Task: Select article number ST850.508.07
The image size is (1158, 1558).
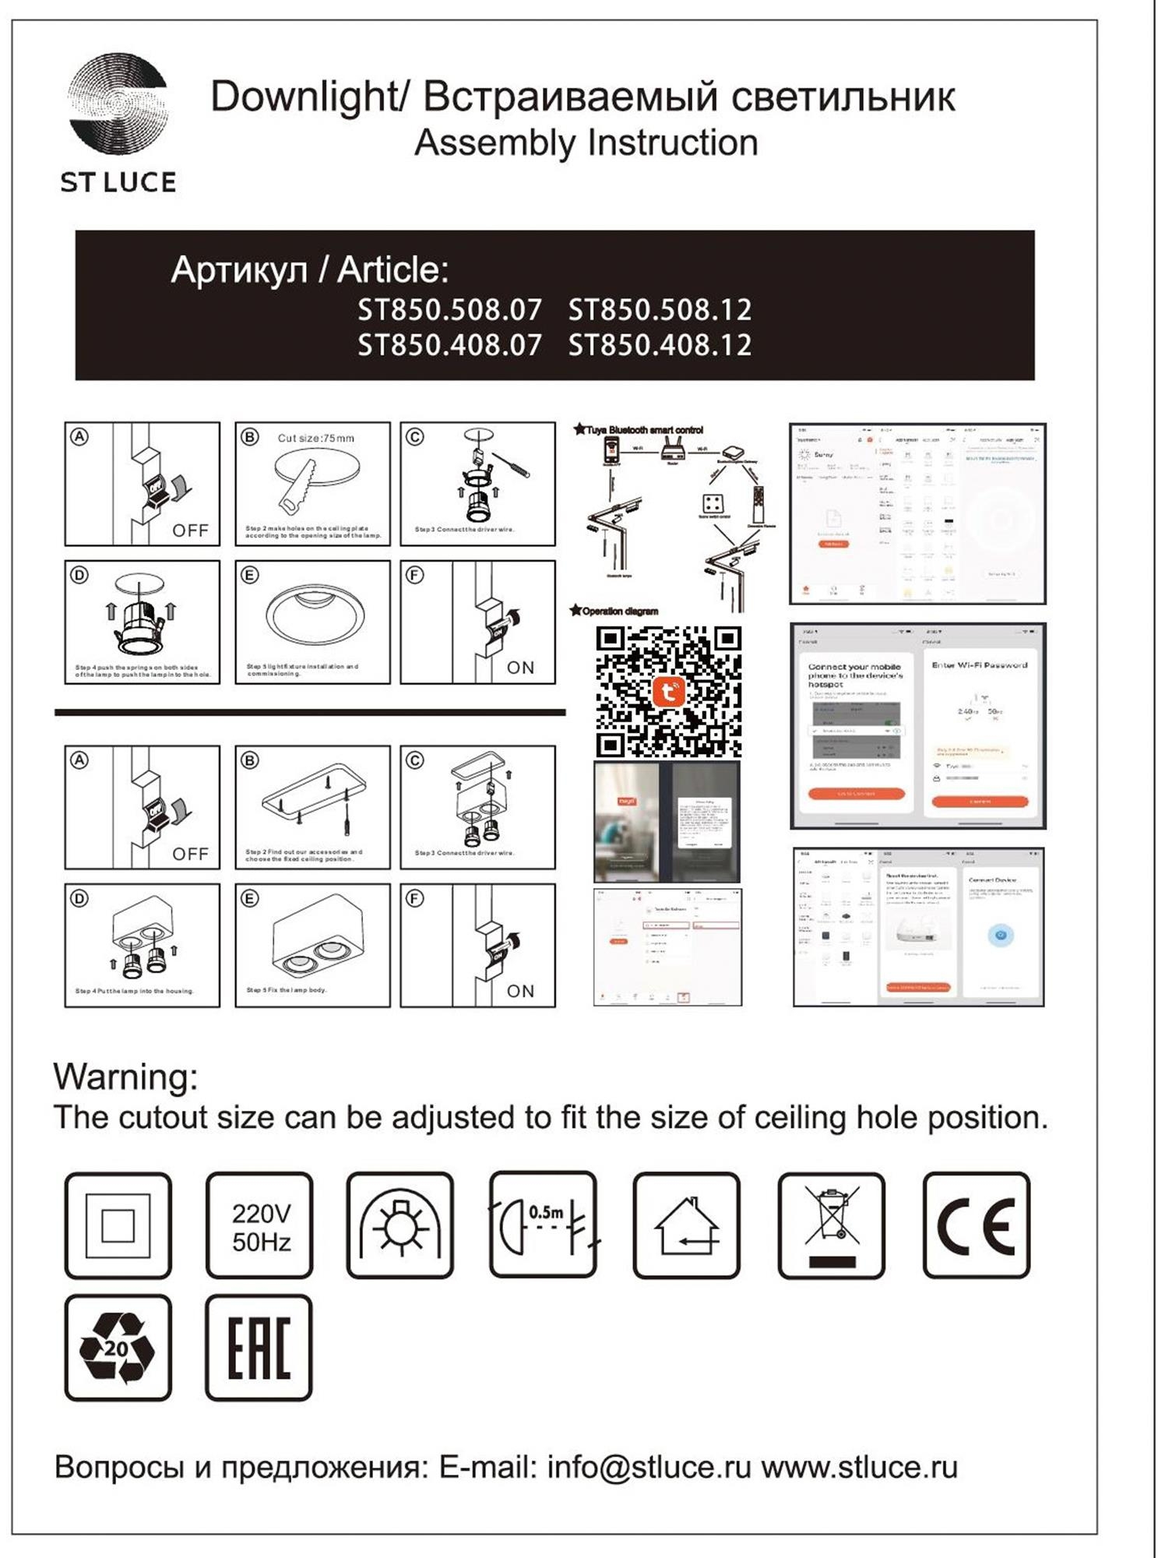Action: coord(449,310)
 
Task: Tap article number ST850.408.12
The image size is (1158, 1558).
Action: coord(660,345)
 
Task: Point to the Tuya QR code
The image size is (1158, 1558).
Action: coord(668,692)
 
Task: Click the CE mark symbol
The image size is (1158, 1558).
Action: coord(976,1225)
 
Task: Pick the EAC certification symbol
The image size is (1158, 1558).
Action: coord(259,1348)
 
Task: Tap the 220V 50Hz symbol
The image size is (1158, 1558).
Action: coord(260,1226)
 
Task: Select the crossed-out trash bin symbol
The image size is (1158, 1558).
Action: coord(831,1225)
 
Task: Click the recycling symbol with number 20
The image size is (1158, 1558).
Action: coord(118,1348)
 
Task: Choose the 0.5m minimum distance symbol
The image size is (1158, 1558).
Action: coord(543,1225)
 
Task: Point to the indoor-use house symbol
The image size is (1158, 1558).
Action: coord(686,1225)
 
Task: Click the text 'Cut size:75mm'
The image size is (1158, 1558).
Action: coord(315,439)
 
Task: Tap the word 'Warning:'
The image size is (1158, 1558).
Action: coord(126,1077)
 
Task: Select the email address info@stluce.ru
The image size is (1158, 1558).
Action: coord(649,1468)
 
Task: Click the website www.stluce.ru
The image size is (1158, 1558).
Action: coord(859,1468)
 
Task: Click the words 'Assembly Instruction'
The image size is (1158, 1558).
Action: coord(586,143)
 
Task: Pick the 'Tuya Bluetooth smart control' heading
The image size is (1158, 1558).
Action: coord(644,430)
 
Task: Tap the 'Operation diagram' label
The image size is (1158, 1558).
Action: coord(619,612)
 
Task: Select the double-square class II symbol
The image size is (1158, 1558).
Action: coord(118,1225)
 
